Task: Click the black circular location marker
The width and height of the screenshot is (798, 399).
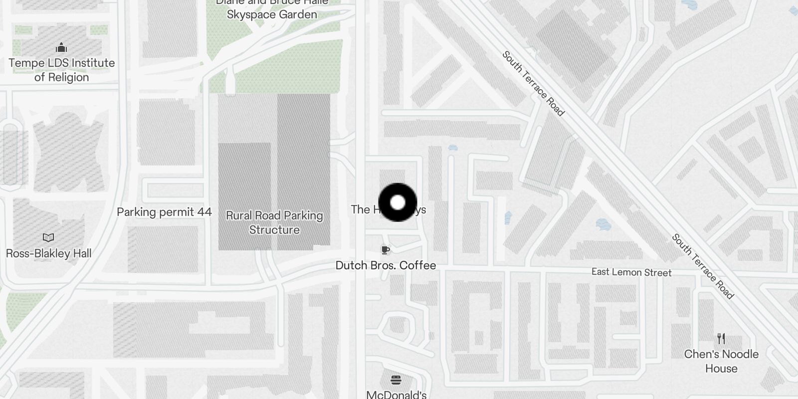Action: [x=398, y=202]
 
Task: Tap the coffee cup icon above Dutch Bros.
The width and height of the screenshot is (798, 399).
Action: [x=385, y=250]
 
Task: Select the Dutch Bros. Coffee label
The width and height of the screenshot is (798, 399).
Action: [x=386, y=265]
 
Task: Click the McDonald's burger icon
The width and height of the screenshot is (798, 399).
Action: [x=396, y=380]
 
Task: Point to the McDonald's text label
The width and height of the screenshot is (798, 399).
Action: [x=397, y=395]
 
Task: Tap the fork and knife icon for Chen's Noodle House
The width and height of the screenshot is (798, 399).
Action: [x=721, y=339]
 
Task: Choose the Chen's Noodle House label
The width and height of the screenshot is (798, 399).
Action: [x=721, y=361]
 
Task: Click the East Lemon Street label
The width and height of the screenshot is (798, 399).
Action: [x=631, y=272]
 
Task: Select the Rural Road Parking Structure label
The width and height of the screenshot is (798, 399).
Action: [x=274, y=222]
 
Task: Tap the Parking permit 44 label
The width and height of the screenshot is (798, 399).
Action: [x=164, y=212]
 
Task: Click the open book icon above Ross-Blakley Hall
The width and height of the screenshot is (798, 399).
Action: [x=48, y=237]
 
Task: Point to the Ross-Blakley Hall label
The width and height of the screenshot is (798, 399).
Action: [x=48, y=253]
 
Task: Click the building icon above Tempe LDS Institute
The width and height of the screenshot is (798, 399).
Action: [x=61, y=47]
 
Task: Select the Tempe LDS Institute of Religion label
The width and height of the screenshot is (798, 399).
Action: [x=61, y=70]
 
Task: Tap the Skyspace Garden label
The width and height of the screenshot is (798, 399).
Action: [x=272, y=14]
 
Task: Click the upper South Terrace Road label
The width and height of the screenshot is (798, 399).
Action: [x=533, y=83]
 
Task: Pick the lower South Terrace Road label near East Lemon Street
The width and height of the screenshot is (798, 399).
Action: [x=703, y=266]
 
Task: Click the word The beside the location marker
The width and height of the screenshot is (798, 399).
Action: [x=360, y=209]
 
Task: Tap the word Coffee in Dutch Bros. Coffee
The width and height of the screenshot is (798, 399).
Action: [x=417, y=265]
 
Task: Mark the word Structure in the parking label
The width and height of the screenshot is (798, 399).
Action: [x=274, y=230]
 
